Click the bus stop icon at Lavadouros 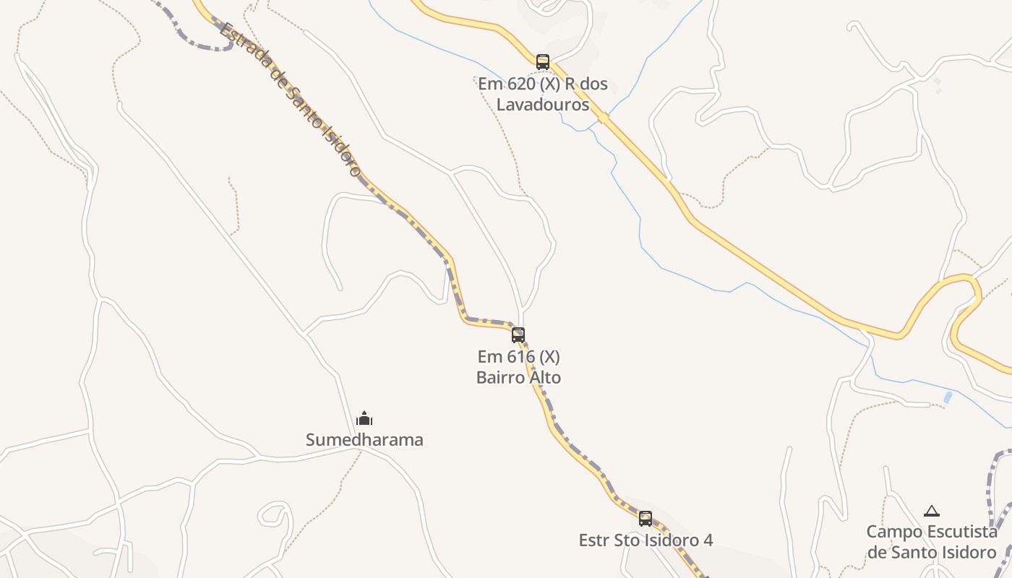543,62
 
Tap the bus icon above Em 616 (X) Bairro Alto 518,335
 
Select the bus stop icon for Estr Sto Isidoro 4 646,519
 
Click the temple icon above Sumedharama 364,418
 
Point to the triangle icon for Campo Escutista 932,511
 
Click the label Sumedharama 364,440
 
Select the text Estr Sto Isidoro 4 646,540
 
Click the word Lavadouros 543,104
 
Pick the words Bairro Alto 518,377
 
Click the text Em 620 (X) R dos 543,84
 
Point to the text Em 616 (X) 518,357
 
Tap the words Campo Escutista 932,532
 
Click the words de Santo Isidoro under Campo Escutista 932,553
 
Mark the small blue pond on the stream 948,397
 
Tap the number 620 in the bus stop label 518,84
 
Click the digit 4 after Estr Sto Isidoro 708,540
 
